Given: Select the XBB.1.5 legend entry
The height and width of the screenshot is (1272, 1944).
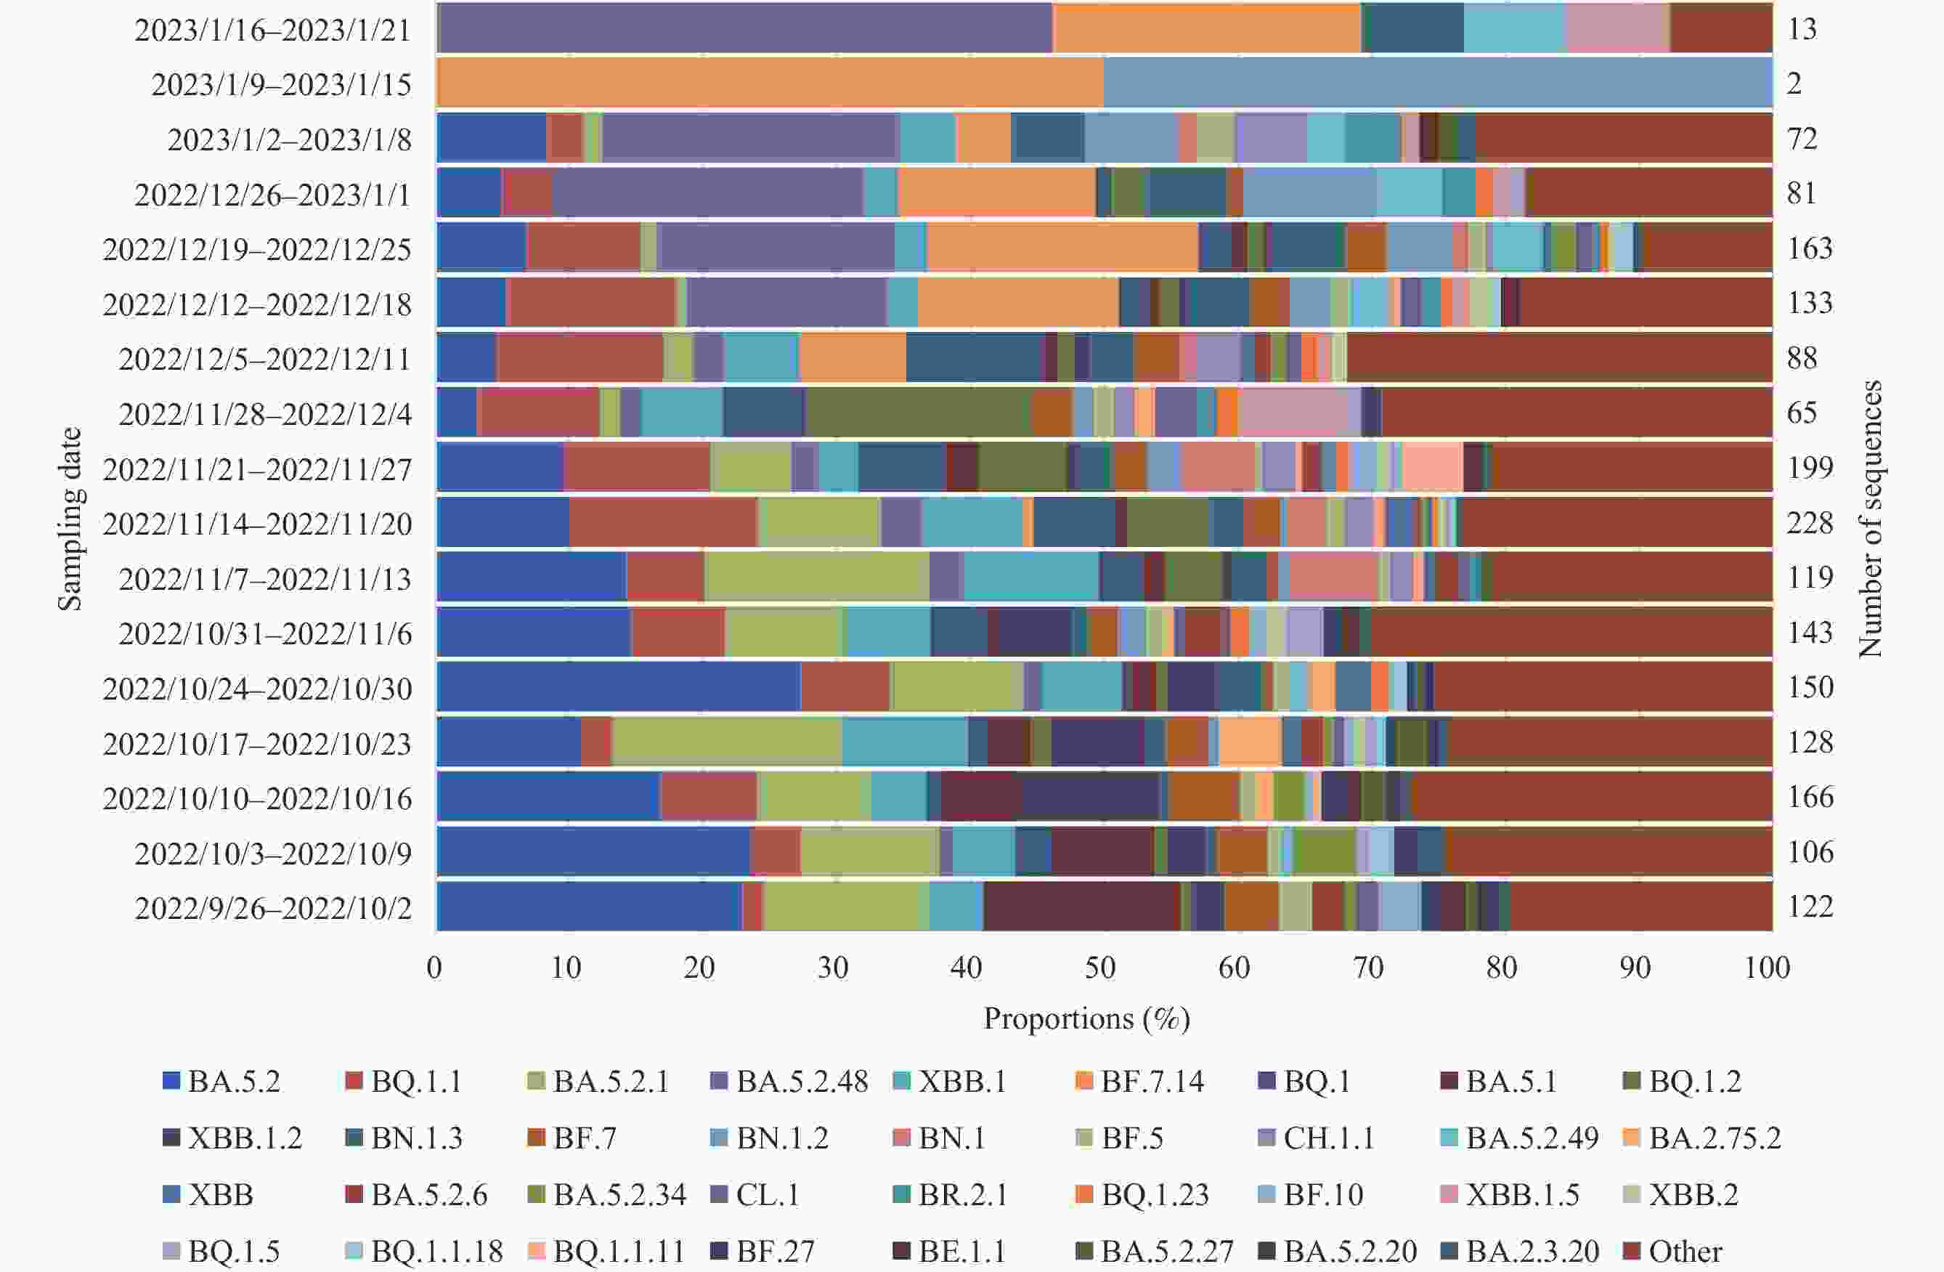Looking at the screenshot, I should click(x=1511, y=1194).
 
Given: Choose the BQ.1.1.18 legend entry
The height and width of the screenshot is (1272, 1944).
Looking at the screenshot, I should click(x=425, y=1251).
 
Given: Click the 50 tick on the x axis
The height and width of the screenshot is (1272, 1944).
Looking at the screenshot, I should click(x=1100, y=968).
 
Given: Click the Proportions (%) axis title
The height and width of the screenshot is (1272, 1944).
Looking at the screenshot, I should click(x=1086, y=1018).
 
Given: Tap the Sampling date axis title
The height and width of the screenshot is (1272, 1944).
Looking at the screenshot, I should click(x=70, y=519).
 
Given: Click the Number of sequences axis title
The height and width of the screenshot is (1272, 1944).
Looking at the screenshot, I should click(x=1871, y=519).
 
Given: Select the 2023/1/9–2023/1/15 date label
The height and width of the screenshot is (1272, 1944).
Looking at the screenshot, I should click(x=281, y=84).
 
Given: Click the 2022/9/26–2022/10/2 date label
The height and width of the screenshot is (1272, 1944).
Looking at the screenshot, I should click(x=273, y=907).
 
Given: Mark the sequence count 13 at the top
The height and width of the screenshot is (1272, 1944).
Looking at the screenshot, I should click(x=1802, y=28).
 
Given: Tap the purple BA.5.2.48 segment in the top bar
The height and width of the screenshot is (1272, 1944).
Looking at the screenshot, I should click(x=745, y=28).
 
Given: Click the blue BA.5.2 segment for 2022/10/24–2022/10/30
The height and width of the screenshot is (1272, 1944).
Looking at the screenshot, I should click(x=618, y=687).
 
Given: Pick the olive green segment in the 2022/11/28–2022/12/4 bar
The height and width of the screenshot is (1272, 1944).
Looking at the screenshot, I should click(x=918, y=413).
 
